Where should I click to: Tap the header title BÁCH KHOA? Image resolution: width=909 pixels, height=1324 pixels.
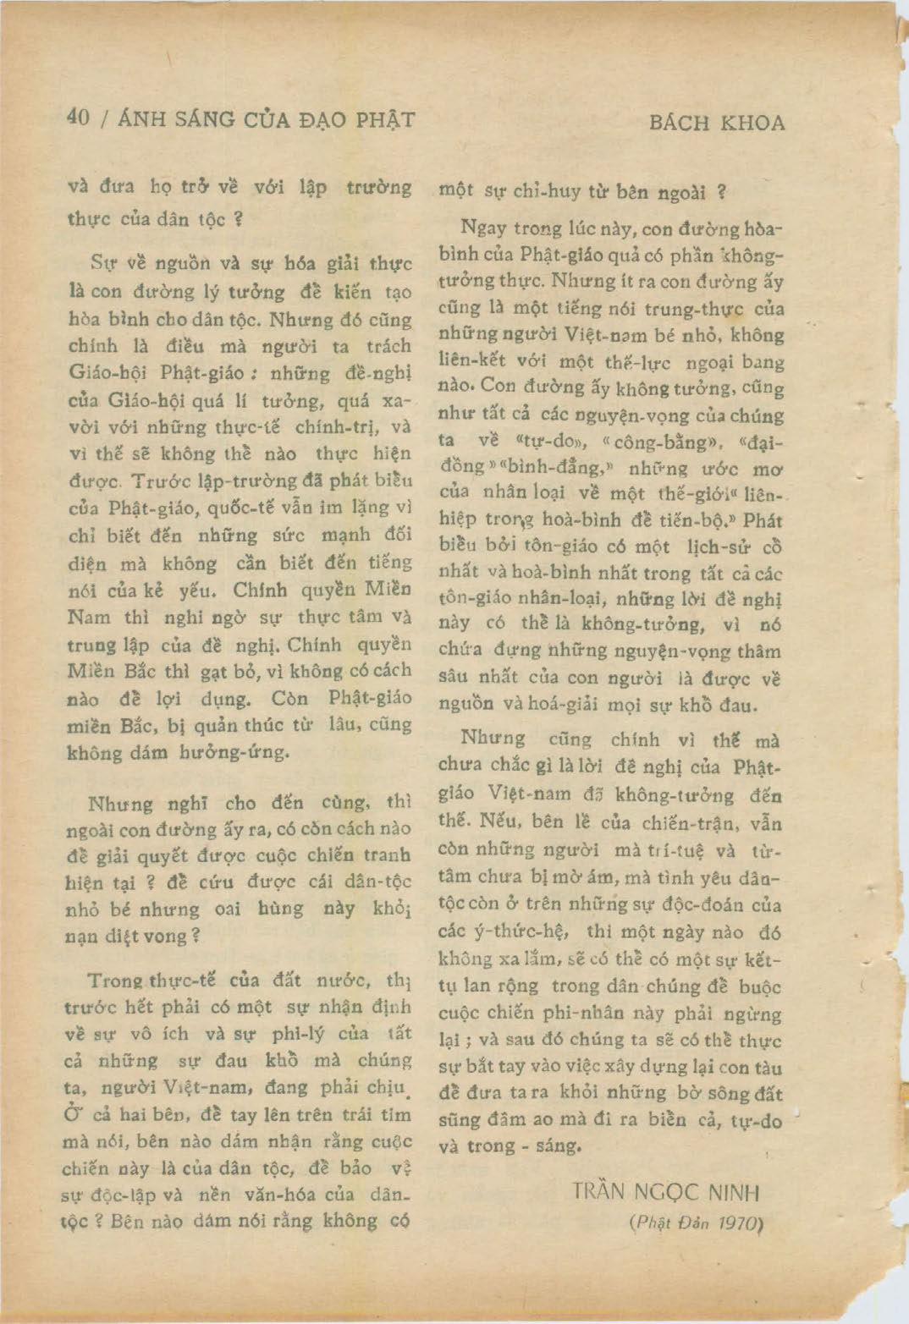pos(717,123)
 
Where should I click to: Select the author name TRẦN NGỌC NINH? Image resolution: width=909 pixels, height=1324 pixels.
pos(665,1193)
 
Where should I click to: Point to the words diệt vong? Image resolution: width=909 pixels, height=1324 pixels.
pos(157,936)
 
